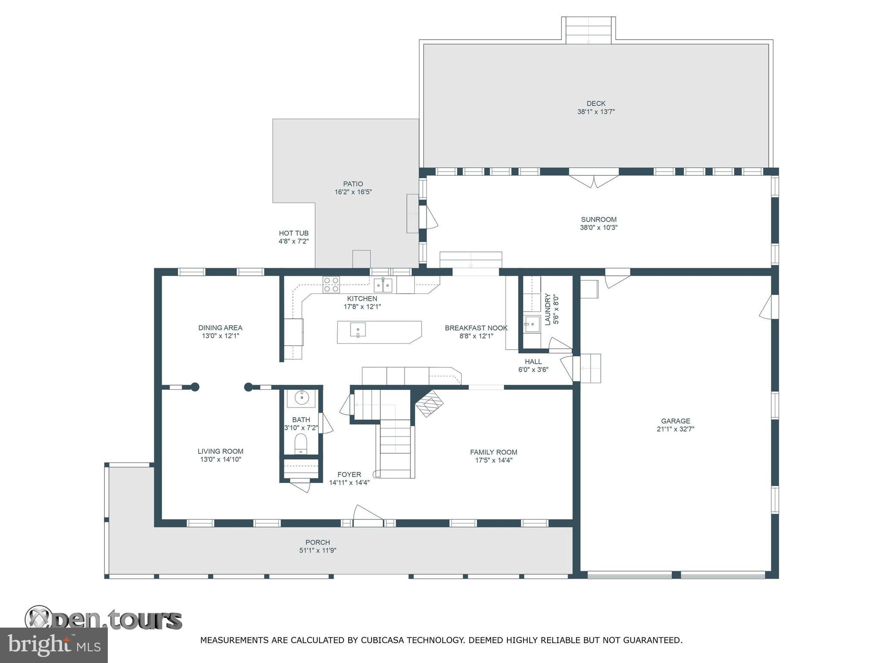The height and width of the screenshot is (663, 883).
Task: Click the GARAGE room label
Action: click(675, 421)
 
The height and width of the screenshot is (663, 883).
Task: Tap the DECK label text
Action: click(596, 103)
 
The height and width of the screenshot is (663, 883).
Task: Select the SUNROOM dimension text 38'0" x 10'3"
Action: click(598, 227)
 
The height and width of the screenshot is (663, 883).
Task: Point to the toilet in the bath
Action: click(301, 444)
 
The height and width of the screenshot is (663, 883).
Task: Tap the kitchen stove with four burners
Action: click(331, 284)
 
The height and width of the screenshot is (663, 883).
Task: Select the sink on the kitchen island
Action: click(358, 330)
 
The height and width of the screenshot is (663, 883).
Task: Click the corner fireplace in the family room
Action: click(429, 403)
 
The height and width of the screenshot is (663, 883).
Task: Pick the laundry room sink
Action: click(532, 324)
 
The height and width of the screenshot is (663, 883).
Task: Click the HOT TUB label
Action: click(294, 233)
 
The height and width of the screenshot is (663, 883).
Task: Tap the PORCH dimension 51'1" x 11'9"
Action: click(318, 550)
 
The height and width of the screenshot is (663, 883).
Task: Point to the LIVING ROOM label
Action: click(220, 451)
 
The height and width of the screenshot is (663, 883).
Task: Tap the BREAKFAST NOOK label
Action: click(476, 328)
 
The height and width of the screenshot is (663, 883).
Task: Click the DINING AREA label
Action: click(220, 328)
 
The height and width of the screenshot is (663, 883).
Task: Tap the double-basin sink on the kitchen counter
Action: click(383, 285)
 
